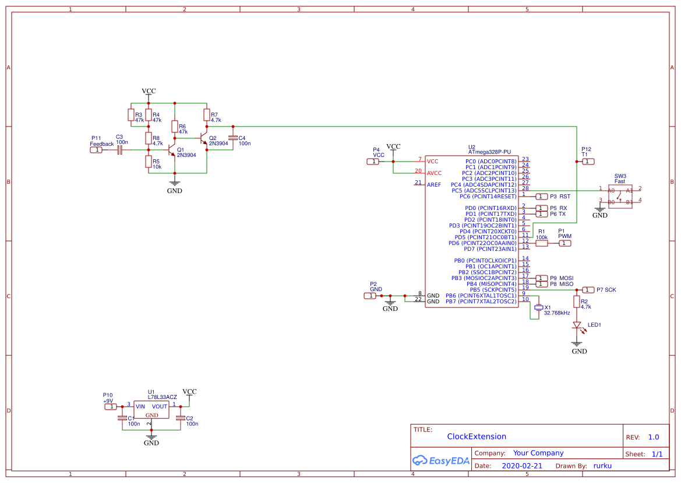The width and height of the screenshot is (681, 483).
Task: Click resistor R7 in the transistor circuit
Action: click(x=206, y=114)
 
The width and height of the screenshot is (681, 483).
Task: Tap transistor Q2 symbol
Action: click(x=204, y=138)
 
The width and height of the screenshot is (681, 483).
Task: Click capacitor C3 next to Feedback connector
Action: click(x=120, y=150)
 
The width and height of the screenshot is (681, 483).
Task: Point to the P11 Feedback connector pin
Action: click(x=96, y=150)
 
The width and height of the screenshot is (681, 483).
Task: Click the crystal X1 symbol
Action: click(x=539, y=307)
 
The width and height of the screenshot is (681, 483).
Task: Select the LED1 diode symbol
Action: click(x=577, y=325)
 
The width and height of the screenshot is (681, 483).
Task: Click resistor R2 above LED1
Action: click(x=577, y=302)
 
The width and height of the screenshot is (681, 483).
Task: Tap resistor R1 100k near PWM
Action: click(x=542, y=243)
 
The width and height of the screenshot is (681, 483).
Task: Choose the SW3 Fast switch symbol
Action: click(x=620, y=195)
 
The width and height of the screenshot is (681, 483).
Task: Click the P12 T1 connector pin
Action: click(x=588, y=161)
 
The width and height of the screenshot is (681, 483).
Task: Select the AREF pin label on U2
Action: click(x=434, y=185)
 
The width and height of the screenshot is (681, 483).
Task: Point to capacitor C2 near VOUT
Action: click(x=181, y=418)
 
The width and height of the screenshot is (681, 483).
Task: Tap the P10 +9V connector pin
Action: click(x=110, y=407)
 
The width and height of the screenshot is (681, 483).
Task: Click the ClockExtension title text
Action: click(x=477, y=437)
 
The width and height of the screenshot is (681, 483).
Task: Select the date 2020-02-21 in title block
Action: click(x=521, y=466)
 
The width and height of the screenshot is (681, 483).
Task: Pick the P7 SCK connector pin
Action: click(x=588, y=290)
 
